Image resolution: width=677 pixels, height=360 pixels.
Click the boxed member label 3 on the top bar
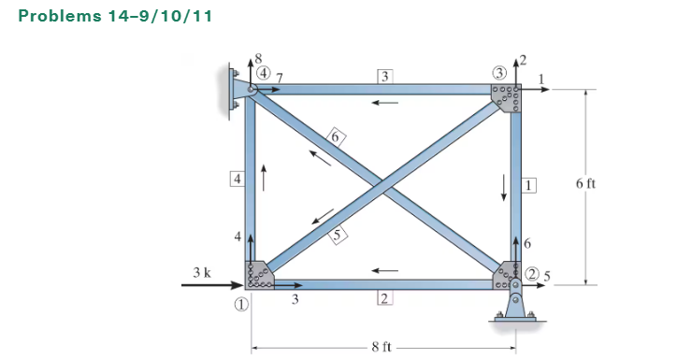tap(385, 75)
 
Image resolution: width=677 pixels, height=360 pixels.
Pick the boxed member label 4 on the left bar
tap(238, 179)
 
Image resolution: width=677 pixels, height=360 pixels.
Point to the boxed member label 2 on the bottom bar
tap(383, 298)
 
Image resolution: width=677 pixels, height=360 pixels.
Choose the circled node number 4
tap(265, 72)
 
